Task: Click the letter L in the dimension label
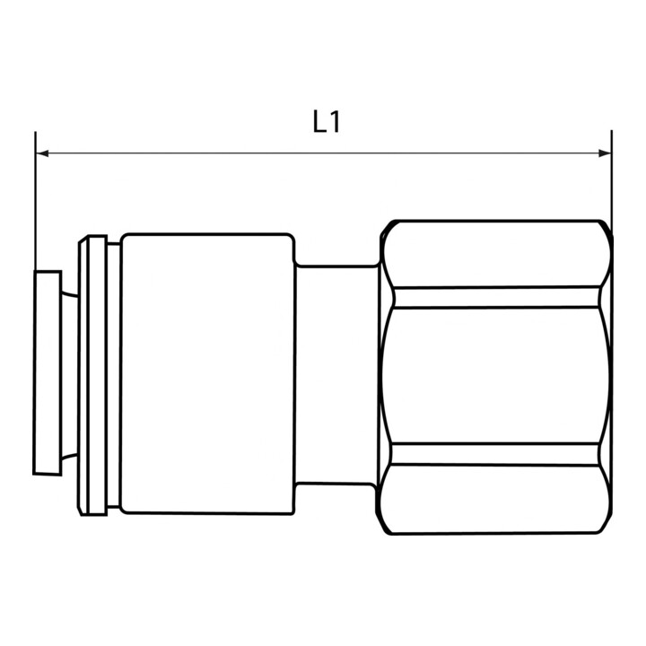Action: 319,121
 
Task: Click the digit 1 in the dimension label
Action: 335,121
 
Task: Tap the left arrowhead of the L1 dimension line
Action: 42,153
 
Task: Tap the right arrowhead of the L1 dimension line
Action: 605,153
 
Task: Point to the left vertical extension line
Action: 35,201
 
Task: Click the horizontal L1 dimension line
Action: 323,153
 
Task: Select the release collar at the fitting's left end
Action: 48,373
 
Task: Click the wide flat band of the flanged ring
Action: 98,375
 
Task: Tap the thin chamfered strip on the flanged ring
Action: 83,375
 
